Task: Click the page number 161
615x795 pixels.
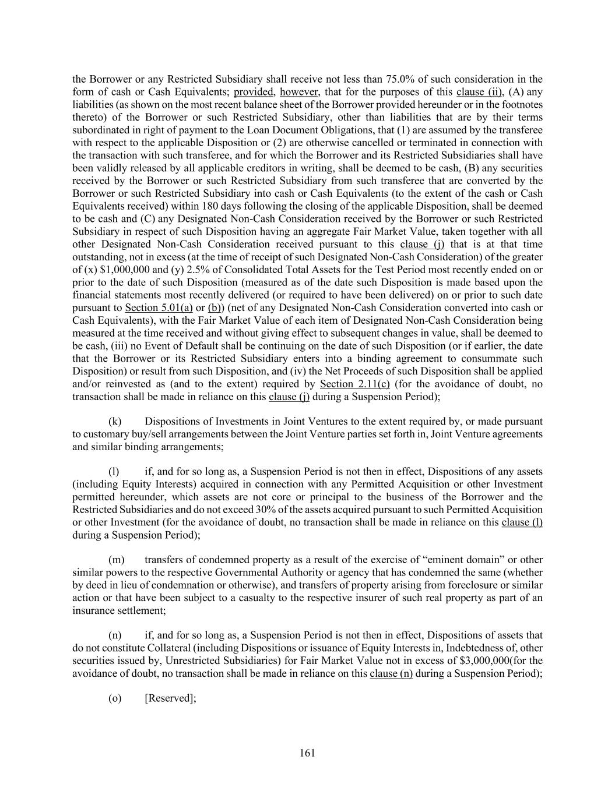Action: (x=307, y=753)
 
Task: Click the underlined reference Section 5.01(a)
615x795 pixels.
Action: (x=159, y=308)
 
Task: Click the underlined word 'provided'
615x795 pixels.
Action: (x=254, y=92)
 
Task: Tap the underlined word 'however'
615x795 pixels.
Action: (x=299, y=92)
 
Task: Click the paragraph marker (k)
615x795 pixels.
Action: (x=115, y=421)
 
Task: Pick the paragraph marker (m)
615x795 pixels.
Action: (x=117, y=560)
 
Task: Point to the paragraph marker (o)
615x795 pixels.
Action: (x=115, y=698)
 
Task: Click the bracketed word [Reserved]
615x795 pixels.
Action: (x=170, y=698)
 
